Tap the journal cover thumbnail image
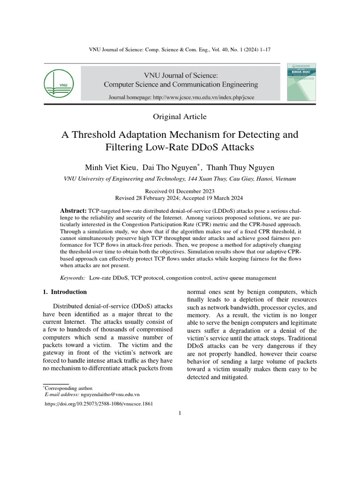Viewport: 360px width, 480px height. (301, 82)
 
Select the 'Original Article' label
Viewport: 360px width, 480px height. (180, 117)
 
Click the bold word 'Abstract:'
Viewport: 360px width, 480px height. (75, 211)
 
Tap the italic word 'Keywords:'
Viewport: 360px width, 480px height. (73, 278)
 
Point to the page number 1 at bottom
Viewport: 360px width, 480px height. (180, 413)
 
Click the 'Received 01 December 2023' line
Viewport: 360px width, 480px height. (180, 191)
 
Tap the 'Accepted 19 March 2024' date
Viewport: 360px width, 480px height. (218, 198)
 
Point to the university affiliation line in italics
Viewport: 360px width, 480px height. (180, 179)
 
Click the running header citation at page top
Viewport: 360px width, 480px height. (180, 50)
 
